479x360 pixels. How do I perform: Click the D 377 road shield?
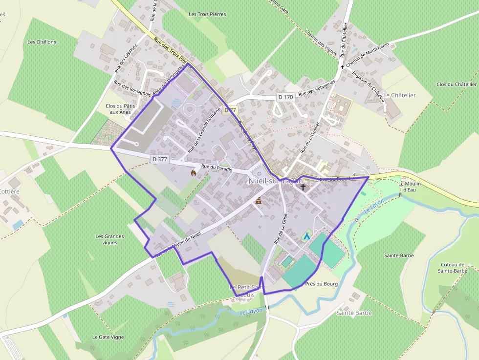[x=159, y=159]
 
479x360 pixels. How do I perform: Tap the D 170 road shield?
[x=285, y=97]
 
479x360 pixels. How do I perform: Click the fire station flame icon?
[x=194, y=172]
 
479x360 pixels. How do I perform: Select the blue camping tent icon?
[x=306, y=236]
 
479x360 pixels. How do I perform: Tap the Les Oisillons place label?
[x=42, y=42]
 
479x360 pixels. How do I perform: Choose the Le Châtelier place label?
[x=399, y=95]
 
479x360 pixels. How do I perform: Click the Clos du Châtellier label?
[x=457, y=85]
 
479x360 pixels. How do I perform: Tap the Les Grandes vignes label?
[x=110, y=239]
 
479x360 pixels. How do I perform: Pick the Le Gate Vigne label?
[x=108, y=337]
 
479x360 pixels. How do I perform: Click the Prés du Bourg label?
[x=321, y=284]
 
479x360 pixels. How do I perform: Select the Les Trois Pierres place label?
[x=207, y=14]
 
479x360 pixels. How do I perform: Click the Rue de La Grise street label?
[x=280, y=229]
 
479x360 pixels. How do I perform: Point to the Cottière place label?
[x=10, y=191]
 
